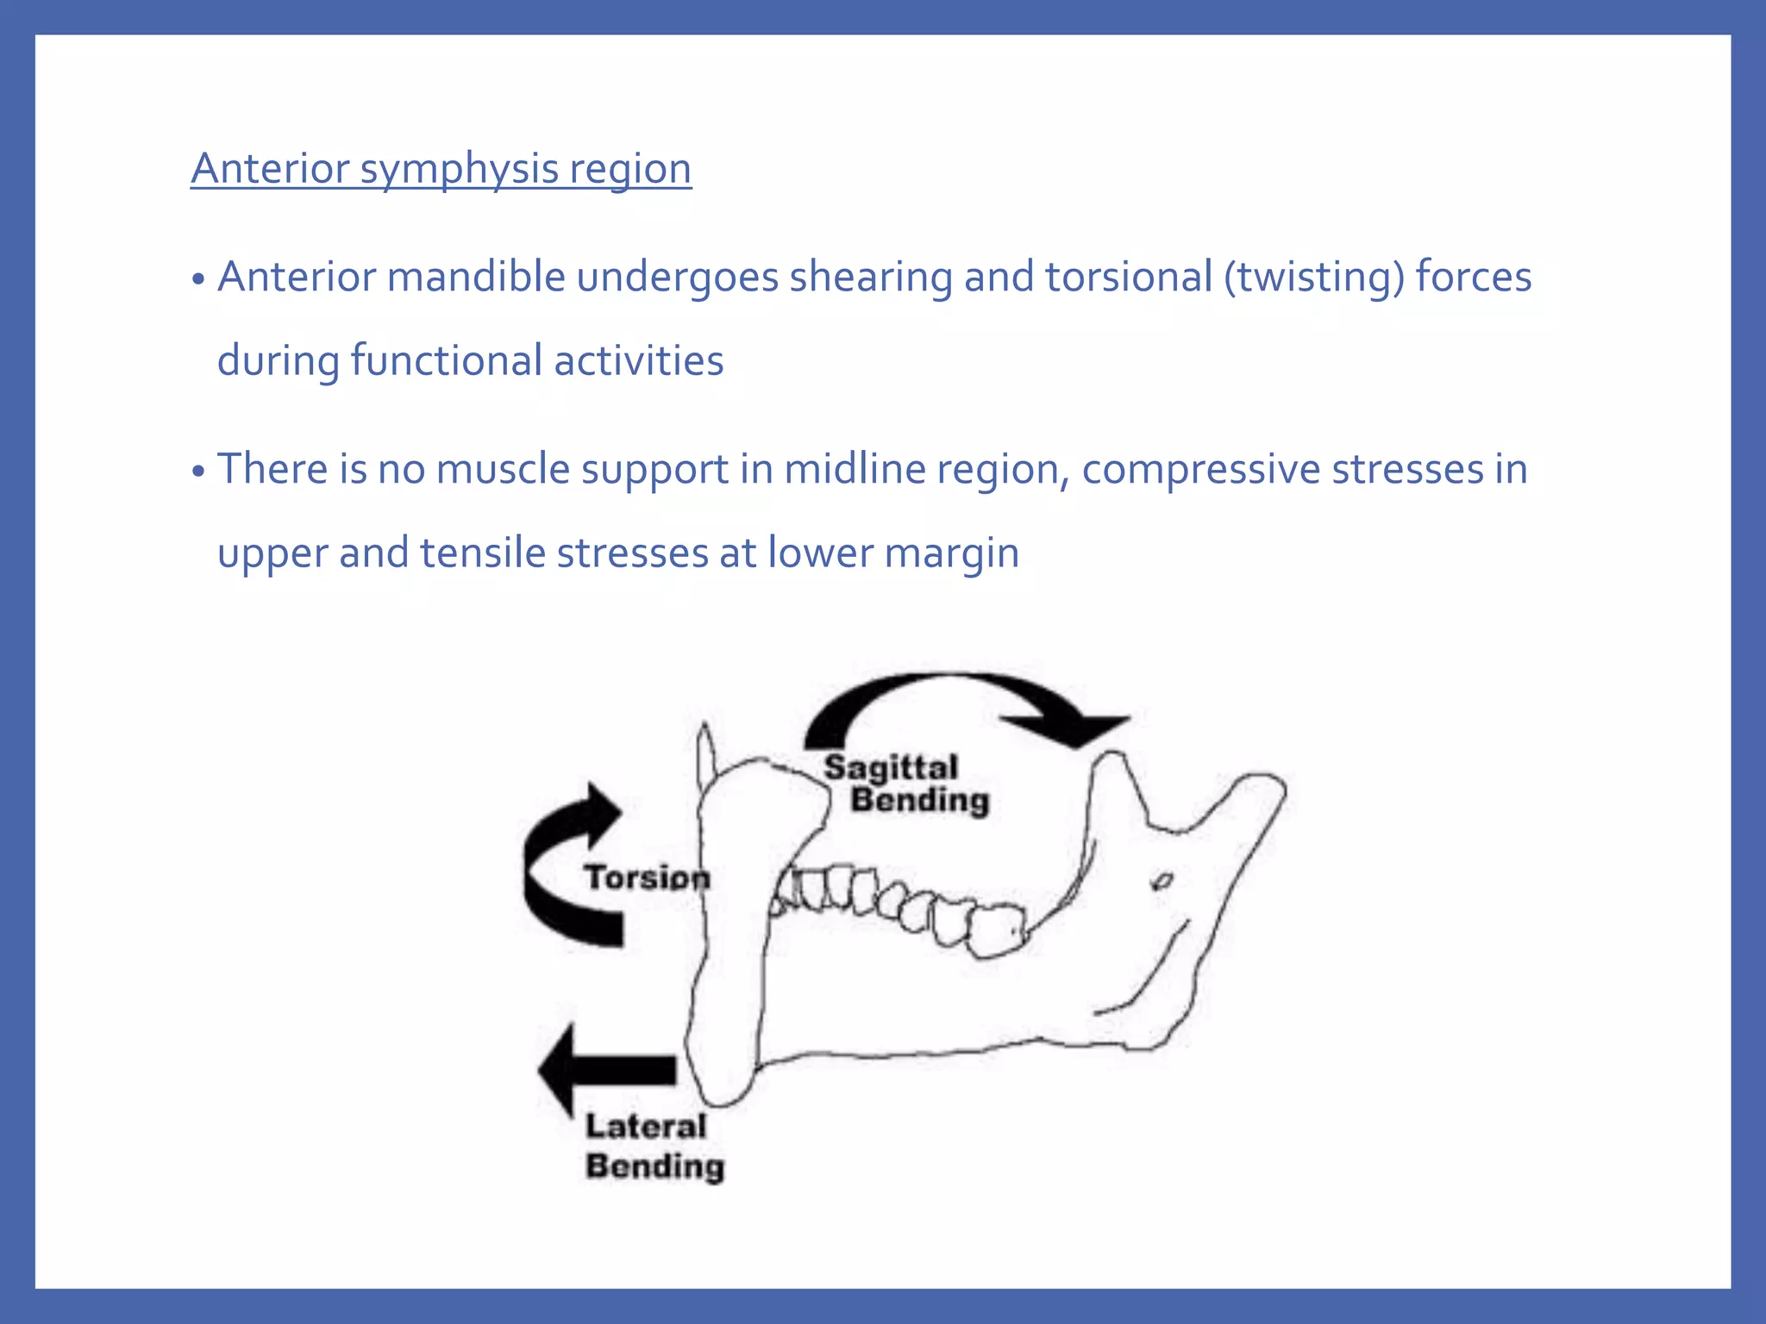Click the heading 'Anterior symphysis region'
click(441, 168)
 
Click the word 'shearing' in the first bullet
click(870, 277)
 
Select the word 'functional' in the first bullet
click(446, 360)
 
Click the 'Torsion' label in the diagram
click(647, 877)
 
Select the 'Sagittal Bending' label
click(905, 784)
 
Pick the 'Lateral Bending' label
click(654, 1146)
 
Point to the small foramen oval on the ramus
click(1162, 881)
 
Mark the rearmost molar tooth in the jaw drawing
click(998, 930)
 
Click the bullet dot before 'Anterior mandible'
click(198, 279)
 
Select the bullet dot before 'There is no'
click(198, 472)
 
